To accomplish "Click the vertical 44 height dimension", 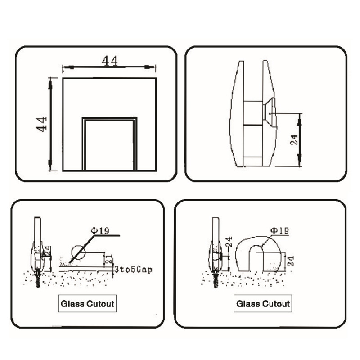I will pyautogui.click(x=42, y=124).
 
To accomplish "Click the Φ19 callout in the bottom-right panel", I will pyautogui.click(x=279, y=230).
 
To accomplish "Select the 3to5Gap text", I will pyautogui.click(x=134, y=269).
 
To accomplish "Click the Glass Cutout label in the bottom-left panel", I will pyautogui.click(x=87, y=304).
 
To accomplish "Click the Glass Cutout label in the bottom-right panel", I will pyautogui.click(x=263, y=304).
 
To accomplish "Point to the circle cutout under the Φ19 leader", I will pyautogui.click(x=77, y=252).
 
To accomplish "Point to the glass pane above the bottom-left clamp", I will pyautogui.click(x=38, y=229).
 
